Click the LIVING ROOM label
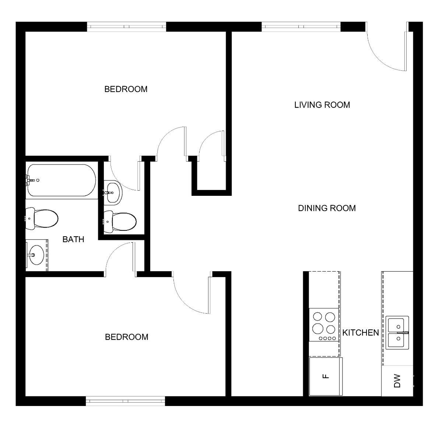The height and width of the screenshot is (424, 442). (x=322, y=105)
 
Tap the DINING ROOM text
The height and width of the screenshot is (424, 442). (x=327, y=208)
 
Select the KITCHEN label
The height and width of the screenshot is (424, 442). (x=361, y=333)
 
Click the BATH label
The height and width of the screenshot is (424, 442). (x=73, y=239)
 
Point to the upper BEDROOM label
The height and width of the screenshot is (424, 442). (x=126, y=89)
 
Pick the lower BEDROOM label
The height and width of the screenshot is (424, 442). (x=126, y=337)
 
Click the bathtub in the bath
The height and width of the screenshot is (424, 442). (x=61, y=180)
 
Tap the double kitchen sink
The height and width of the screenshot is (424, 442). (x=397, y=333)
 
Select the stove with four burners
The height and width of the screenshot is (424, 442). (x=324, y=325)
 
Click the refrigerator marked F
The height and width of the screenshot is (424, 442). (x=326, y=376)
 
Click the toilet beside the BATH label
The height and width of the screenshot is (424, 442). (x=42, y=218)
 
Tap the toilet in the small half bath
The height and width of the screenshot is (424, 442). (x=120, y=222)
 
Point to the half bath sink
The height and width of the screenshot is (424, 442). (x=113, y=193)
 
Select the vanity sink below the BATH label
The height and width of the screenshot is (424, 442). (x=36, y=255)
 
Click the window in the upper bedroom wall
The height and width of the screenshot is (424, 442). (x=126, y=26)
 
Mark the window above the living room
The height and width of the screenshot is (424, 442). (x=301, y=26)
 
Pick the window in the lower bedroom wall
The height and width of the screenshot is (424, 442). (x=125, y=401)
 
